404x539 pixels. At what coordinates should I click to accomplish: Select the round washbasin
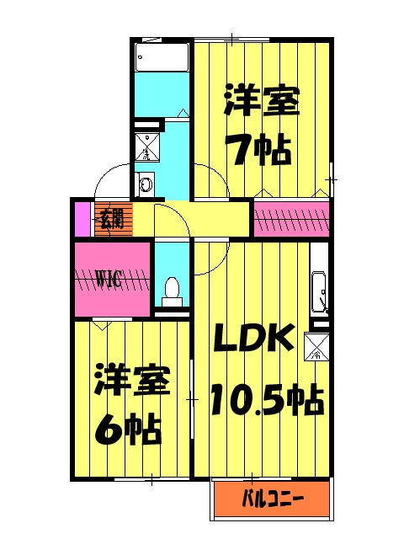click(146, 183)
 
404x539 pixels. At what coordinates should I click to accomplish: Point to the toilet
click(172, 289)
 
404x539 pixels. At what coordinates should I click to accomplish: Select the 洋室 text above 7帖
click(261, 104)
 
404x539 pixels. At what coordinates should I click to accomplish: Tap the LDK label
click(252, 339)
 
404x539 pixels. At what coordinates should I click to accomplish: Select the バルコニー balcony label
click(274, 499)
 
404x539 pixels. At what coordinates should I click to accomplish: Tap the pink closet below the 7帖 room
click(291, 219)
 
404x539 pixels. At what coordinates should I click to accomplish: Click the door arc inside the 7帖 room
click(212, 179)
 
